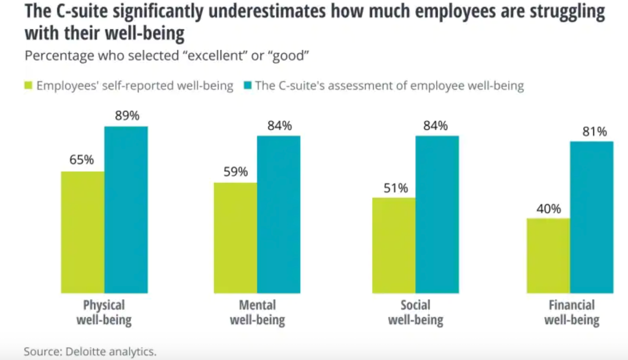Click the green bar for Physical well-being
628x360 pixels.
(x=82, y=232)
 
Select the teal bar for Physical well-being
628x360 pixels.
(x=126, y=210)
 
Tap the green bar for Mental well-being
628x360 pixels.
(x=235, y=238)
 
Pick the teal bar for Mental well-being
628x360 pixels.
(x=279, y=214)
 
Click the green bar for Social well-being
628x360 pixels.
(x=394, y=245)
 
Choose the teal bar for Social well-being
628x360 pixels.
(x=437, y=214)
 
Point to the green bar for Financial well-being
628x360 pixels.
(x=548, y=255)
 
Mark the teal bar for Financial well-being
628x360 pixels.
(x=592, y=217)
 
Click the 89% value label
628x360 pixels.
(x=127, y=116)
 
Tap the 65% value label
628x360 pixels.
(x=82, y=160)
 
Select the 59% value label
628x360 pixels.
(x=235, y=172)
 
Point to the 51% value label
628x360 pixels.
(x=396, y=188)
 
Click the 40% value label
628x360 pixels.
(x=549, y=209)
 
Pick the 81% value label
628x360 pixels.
(x=594, y=132)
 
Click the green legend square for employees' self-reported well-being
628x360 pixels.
(x=29, y=86)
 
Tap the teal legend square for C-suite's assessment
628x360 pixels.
(x=248, y=86)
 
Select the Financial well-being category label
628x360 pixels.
(x=572, y=312)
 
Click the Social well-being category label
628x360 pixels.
(x=415, y=312)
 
